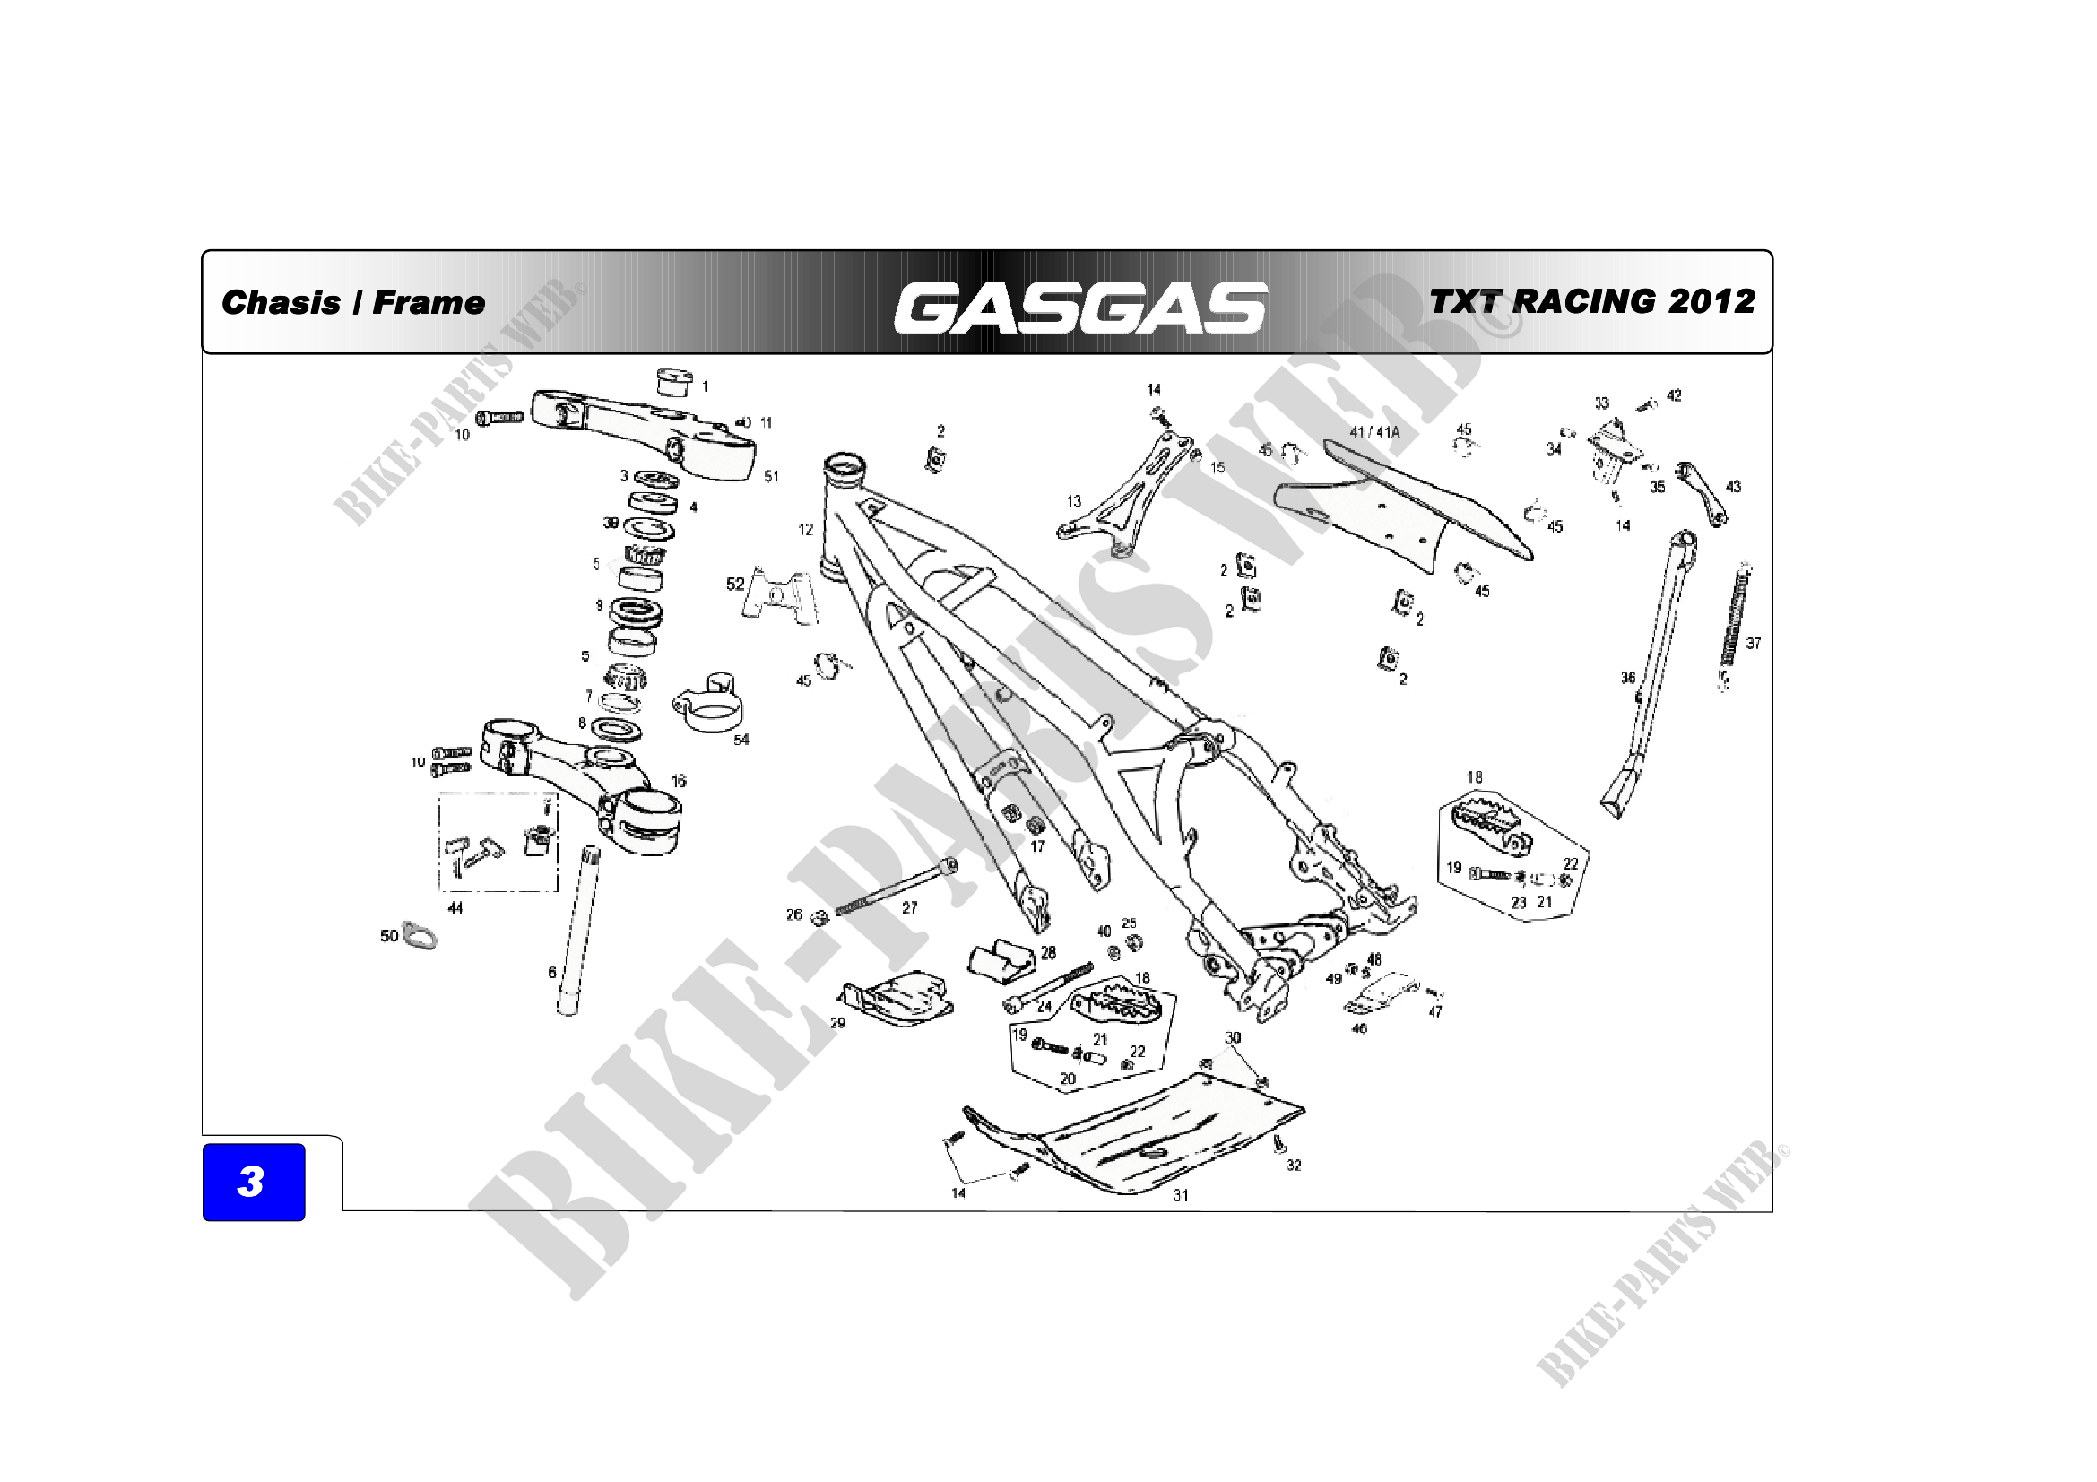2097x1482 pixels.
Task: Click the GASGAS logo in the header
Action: (1080, 307)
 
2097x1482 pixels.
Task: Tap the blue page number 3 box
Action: (253, 1182)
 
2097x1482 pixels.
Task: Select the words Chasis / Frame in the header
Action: (352, 302)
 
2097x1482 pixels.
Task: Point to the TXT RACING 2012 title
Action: (1592, 300)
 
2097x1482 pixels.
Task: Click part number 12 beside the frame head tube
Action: (804, 530)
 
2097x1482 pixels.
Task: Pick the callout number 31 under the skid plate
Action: (1181, 1195)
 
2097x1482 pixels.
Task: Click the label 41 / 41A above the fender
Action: (1374, 432)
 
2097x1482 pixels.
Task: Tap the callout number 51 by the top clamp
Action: (772, 476)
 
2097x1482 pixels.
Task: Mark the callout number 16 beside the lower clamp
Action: (679, 781)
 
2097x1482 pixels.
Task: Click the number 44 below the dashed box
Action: (455, 907)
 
